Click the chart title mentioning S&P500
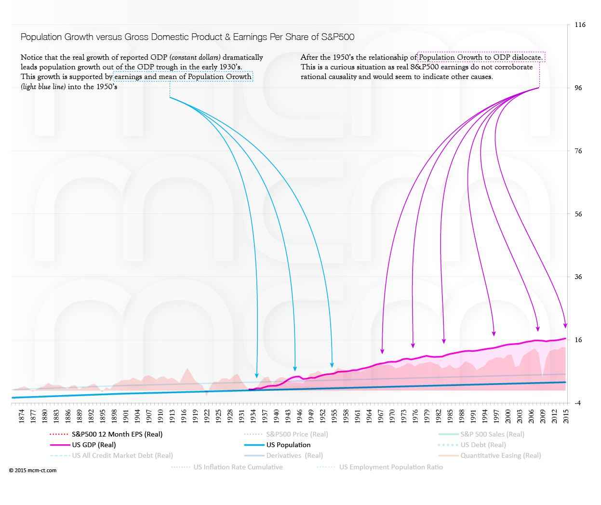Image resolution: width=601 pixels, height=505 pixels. [187, 37]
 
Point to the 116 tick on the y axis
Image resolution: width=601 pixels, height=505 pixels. [580, 25]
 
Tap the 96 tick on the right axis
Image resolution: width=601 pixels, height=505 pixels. [578, 88]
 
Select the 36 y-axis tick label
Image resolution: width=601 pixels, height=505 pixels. [578, 277]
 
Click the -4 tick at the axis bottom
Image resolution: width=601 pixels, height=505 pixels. [578, 403]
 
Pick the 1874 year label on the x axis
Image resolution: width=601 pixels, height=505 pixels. [22, 416]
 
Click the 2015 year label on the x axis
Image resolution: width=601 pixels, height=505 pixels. [566, 416]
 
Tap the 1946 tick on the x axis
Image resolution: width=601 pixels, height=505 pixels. [300, 416]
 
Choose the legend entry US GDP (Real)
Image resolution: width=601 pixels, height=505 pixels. [94, 445]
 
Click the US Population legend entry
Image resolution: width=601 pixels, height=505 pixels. [288, 445]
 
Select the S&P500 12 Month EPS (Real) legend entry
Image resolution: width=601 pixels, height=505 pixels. [117, 435]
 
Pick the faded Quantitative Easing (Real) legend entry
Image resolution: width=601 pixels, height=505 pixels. [500, 456]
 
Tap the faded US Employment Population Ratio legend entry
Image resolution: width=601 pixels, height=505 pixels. [391, 467]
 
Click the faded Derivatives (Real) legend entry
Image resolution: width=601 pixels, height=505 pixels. [294, 456]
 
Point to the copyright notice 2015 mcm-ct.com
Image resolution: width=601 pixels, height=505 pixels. [33, 471]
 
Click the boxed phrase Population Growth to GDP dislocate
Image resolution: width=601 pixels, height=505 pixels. [481, 57]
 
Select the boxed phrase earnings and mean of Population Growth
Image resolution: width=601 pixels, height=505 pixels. [183, 77]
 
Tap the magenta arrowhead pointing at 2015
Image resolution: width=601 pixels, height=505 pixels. [565, 326]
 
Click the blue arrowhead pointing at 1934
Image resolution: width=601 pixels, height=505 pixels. [257, 375]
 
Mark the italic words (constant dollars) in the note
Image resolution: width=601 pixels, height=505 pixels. [195, 57]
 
